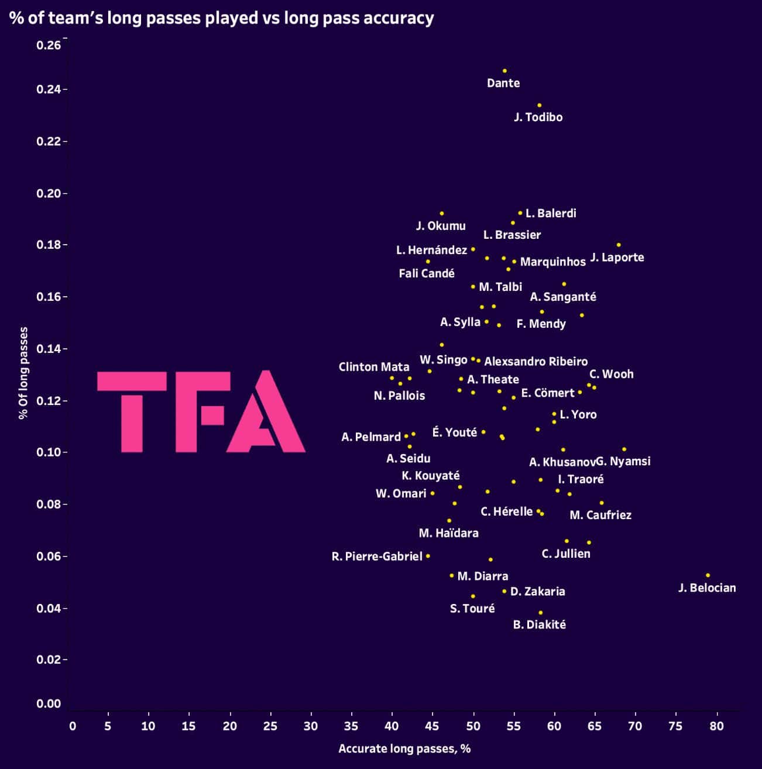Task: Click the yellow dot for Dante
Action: [504, 71]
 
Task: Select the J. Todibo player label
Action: [538, 117]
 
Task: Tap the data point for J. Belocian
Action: [708, 575]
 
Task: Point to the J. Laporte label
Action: [617, 258]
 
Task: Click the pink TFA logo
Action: [201, 411]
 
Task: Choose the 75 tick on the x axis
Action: [675, 726]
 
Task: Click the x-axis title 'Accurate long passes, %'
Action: [404, 749]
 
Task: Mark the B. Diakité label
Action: [539, 624]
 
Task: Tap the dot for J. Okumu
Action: [442, 214]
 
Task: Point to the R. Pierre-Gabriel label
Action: [377, 557]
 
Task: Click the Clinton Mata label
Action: [373, 367]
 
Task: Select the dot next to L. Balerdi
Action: [520, 213]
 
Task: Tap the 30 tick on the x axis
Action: [311, 726]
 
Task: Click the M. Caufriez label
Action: [600, 515]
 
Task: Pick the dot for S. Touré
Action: [473, 596]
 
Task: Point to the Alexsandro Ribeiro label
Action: [536, 362]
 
